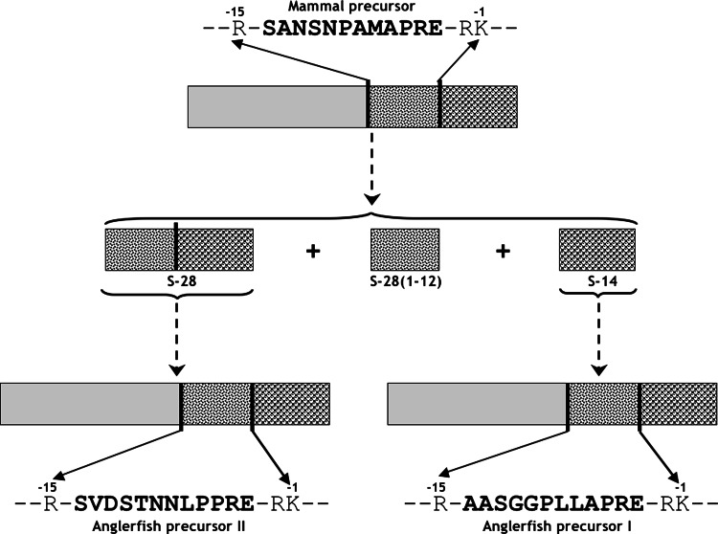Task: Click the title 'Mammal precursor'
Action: click(x=360, y=9)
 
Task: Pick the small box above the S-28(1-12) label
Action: click(x=405, y=250)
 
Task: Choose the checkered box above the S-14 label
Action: click(x=597, y=250)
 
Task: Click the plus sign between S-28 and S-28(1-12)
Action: click(x=310, y=252)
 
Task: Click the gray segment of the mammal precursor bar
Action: click(x=278, y=106)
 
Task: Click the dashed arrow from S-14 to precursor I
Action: click(x=597, y=340)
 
